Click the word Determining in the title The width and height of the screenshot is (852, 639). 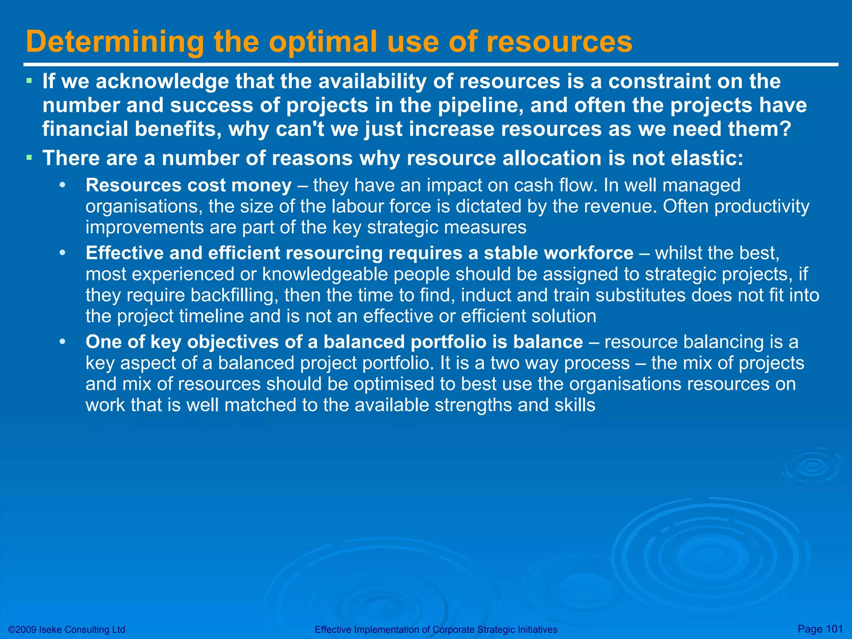point(115,42)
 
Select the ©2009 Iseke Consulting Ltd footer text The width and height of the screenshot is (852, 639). point(67,629)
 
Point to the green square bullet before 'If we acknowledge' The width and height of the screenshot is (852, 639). point(29,80)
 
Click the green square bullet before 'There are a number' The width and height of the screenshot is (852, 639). point(29,157)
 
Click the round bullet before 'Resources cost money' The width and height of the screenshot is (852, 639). point(62,185)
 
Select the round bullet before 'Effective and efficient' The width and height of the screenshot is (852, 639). point(62,253)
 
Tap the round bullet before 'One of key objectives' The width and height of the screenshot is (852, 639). point(62,342)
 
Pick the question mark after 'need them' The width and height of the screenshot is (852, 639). point(784,129)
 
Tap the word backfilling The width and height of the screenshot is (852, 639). point(235,295)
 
